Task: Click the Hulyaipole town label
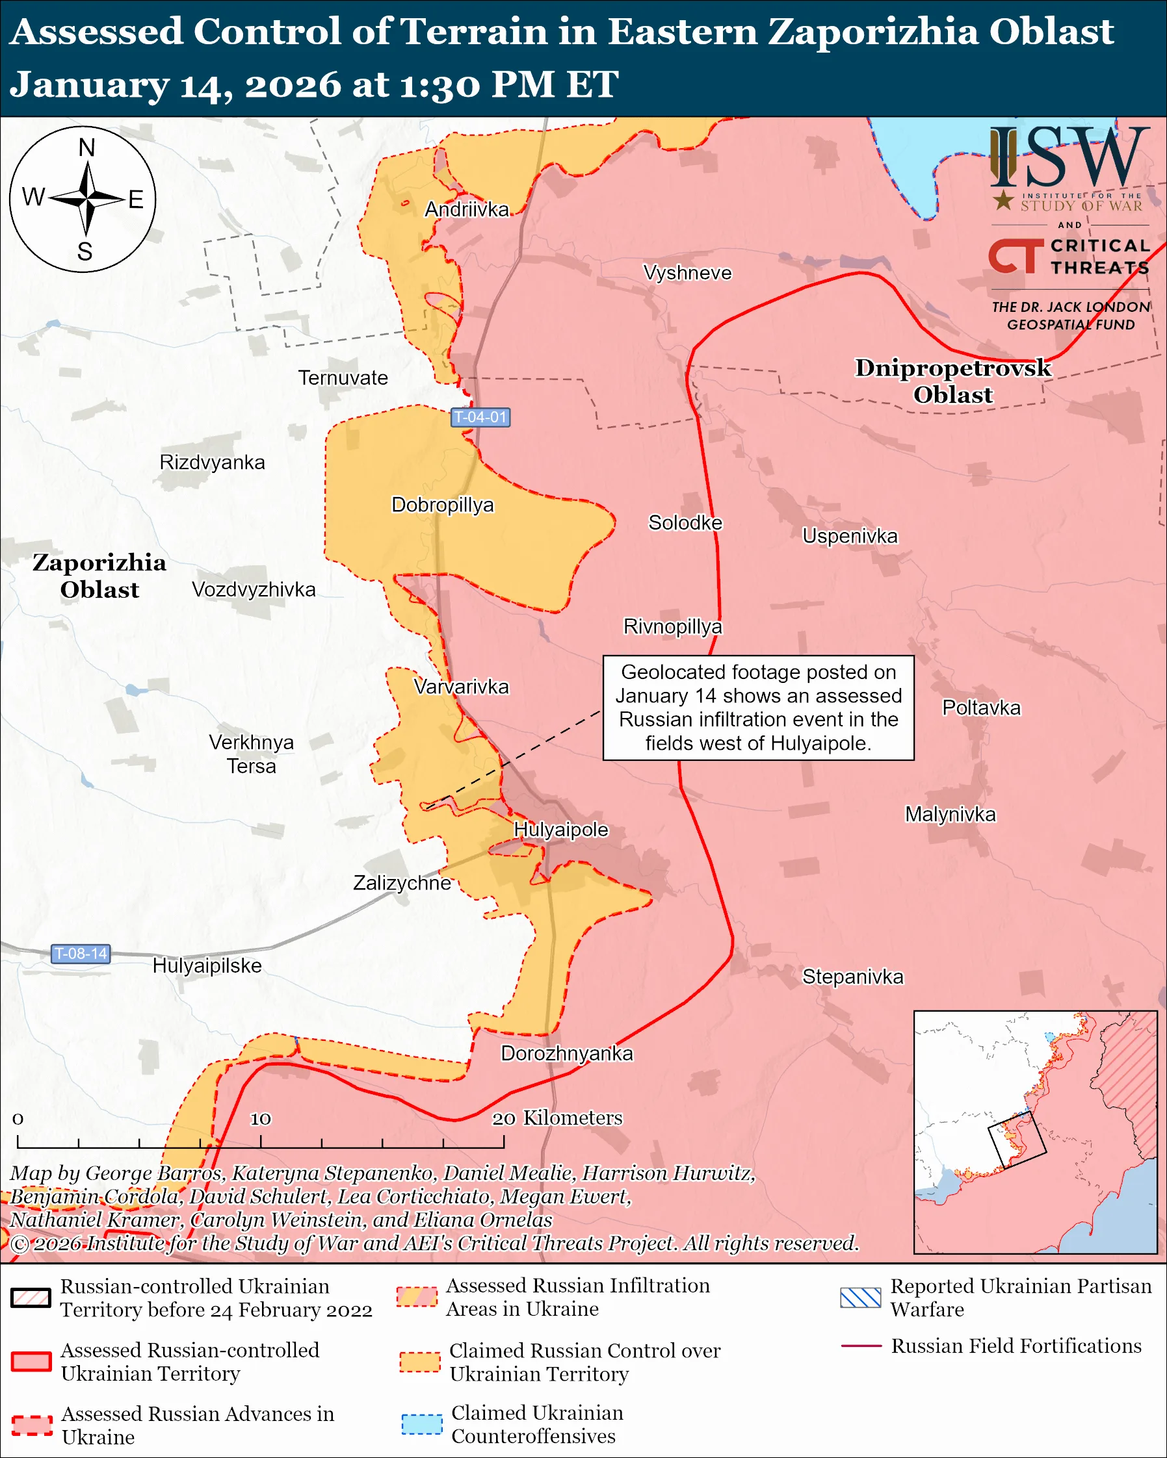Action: [561, 830]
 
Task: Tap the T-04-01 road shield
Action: [480, 417]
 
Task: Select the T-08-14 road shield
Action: [81, 954]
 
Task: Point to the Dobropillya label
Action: [443, 505]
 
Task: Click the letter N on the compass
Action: [86, 147]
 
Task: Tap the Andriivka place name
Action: [466, 210]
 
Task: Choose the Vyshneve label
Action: [687, 273]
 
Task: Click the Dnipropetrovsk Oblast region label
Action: [952, 381]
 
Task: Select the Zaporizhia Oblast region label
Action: [99, 576]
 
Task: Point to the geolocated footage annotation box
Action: [758, 708]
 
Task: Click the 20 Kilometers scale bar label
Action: [557, 1118]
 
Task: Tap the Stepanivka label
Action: [852, 977]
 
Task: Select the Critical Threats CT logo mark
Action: [1016, 256]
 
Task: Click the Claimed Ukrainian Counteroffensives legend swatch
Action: [421, 1424]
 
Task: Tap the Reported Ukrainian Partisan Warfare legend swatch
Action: [860, 1298]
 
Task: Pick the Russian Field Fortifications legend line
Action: [861, 1346]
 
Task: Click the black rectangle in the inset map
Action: [1017, 1140]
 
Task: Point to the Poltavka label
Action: [981, 708]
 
